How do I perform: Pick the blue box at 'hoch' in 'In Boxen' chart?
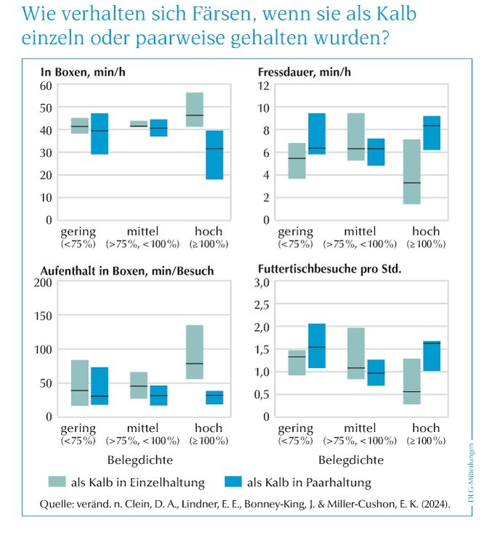[214, 155]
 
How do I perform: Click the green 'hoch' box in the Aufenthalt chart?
[195, 352]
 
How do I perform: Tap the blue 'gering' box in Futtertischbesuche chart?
[317, 346]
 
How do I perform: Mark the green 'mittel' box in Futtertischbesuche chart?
[356, 353]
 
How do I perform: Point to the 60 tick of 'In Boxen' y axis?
[47, 86]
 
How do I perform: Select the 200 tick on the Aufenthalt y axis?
[43, 282]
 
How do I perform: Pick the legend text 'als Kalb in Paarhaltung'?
[309, 482]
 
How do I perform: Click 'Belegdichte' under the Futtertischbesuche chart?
[350, 459]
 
